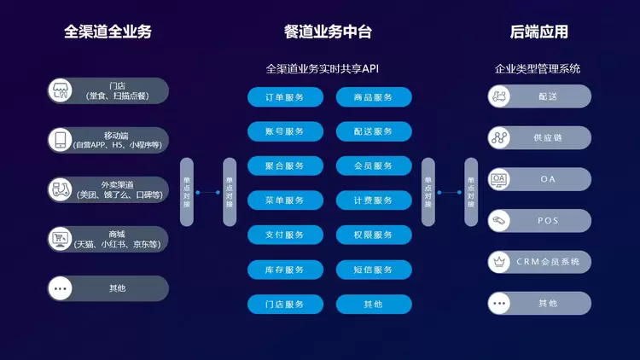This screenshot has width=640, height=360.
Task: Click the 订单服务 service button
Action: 284,97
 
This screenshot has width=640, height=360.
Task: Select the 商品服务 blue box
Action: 374,97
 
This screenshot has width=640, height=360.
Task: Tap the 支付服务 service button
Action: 284,235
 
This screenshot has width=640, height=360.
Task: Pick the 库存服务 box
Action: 284,270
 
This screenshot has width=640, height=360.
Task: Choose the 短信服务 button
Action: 374,270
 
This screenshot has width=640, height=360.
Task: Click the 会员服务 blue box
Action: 374,165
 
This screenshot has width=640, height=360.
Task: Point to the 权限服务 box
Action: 374,235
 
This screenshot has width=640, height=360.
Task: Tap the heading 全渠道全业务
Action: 108,32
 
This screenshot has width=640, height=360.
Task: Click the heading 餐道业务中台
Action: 328,32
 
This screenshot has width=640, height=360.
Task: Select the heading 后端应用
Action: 538,32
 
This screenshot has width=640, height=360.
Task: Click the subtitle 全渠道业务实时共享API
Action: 328,68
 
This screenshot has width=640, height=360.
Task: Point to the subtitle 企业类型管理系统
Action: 538,68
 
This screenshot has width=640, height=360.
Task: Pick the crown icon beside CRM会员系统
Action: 499,261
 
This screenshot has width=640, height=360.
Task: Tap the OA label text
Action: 548,179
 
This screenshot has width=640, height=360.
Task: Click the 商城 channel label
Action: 117,235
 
